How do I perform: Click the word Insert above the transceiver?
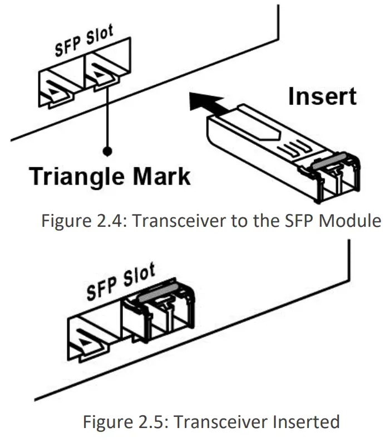point(322,96)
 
